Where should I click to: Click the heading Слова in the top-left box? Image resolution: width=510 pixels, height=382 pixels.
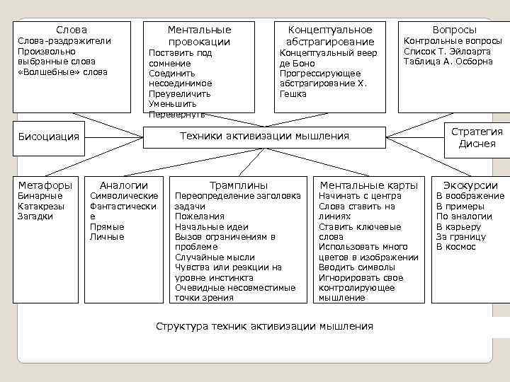(x=72, y=30)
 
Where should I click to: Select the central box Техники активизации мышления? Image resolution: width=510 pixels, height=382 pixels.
(x=264, y=136)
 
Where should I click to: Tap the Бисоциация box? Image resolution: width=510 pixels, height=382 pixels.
(x=49, y=136)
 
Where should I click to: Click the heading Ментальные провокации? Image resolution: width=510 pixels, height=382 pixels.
(x=199, y=35)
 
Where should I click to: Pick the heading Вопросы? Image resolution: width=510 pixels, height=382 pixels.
(x=454, y=30)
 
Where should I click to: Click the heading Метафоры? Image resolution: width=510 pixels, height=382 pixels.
(x=45, y=185)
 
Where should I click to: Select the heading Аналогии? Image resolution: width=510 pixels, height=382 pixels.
(x=124, y=185)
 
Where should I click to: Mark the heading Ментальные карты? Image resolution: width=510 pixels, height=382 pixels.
(x=370, y=185)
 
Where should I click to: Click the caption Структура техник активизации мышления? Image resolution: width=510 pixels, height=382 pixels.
(x=263, y=326)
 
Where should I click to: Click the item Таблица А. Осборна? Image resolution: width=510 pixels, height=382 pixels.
(x=448, y=62)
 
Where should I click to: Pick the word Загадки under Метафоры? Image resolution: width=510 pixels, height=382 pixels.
(x=35, y=216)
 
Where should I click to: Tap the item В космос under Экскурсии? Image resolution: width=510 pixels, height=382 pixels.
(x=455, y=247)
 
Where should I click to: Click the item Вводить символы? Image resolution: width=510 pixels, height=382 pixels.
(x=356, y=267)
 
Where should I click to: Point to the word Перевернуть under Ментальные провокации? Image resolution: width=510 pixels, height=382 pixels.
(x=177, y=114)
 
